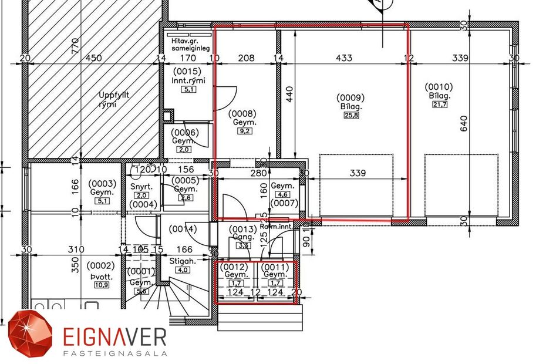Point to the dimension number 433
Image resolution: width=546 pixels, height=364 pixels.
[x=343, y=58]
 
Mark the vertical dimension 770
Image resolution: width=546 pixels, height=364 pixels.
[x=75, y=45]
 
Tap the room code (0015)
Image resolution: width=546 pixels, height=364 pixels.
[x=186, y=72]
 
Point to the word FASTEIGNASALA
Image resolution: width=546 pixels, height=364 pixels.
[x=115, y=353]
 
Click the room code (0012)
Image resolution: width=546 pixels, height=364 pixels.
[x=235, y=267]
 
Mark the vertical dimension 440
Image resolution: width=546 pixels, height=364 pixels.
[x=289, y=94]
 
